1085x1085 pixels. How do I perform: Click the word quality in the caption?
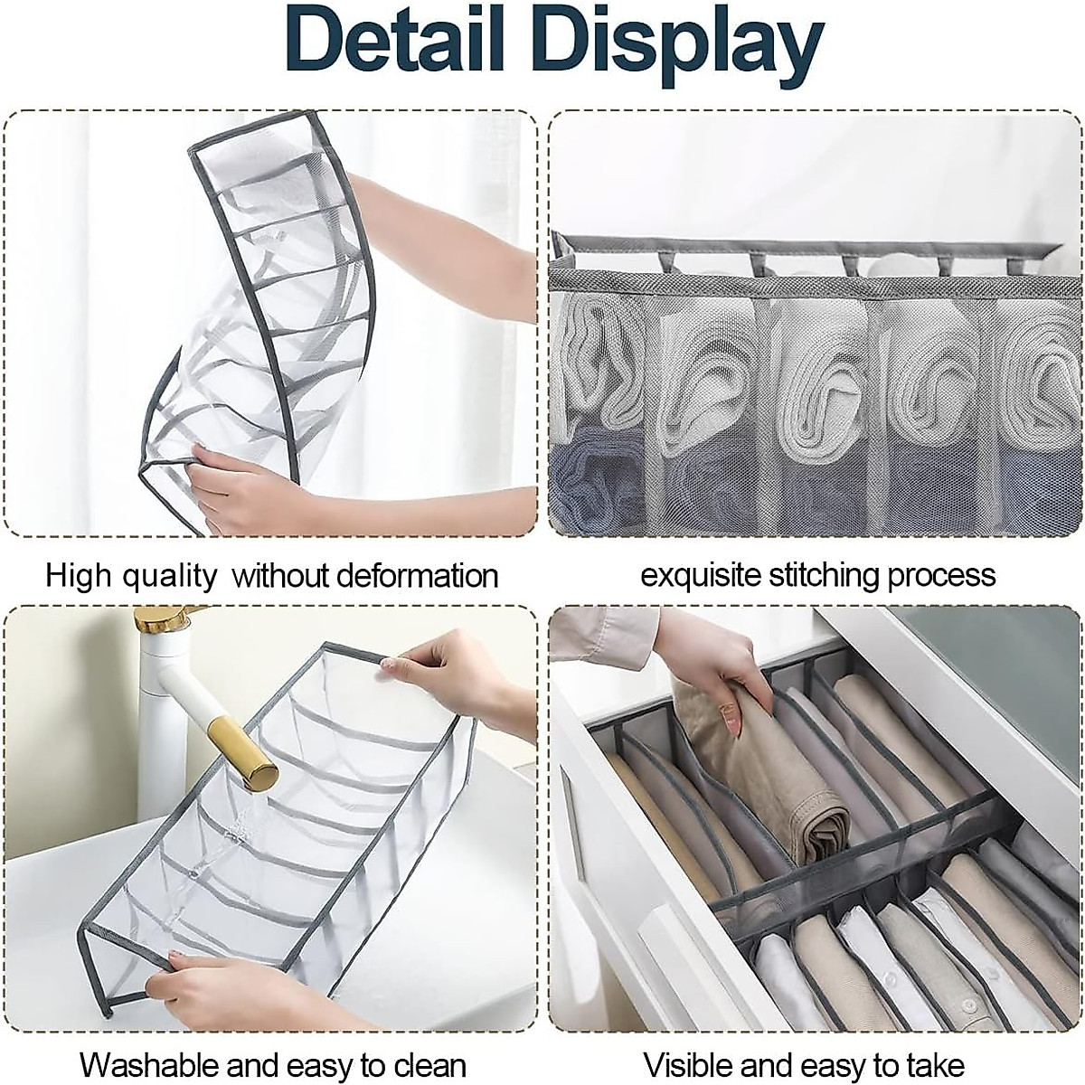coord(172,576)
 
